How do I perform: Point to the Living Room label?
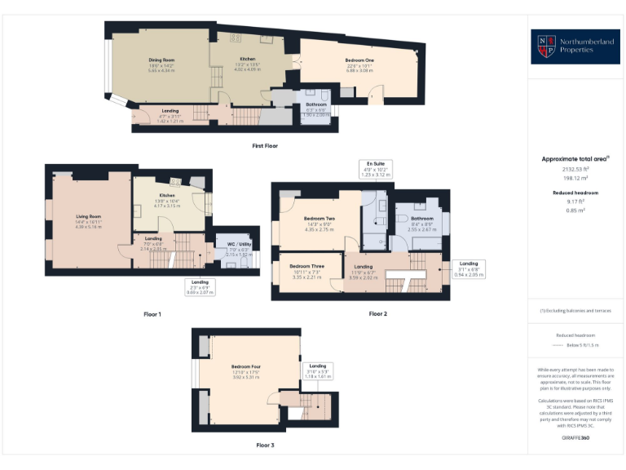click(x=86, y=220)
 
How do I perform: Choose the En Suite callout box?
click(x=377, y=169)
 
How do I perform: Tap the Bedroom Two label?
click(x=318, y=223)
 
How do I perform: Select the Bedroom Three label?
click(x=308, y=271)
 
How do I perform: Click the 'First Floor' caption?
click(x=265, y=145)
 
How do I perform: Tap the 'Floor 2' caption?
click(x=378, y=313)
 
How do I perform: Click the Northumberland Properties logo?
click(x=575, y=47)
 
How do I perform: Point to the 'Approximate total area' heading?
click(x=575, y=159)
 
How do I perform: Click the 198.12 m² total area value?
click(x=575, y=176)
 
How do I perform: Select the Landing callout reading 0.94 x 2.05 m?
click(x=469, y=269)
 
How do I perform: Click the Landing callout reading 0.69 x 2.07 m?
click(x=198, y=287)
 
